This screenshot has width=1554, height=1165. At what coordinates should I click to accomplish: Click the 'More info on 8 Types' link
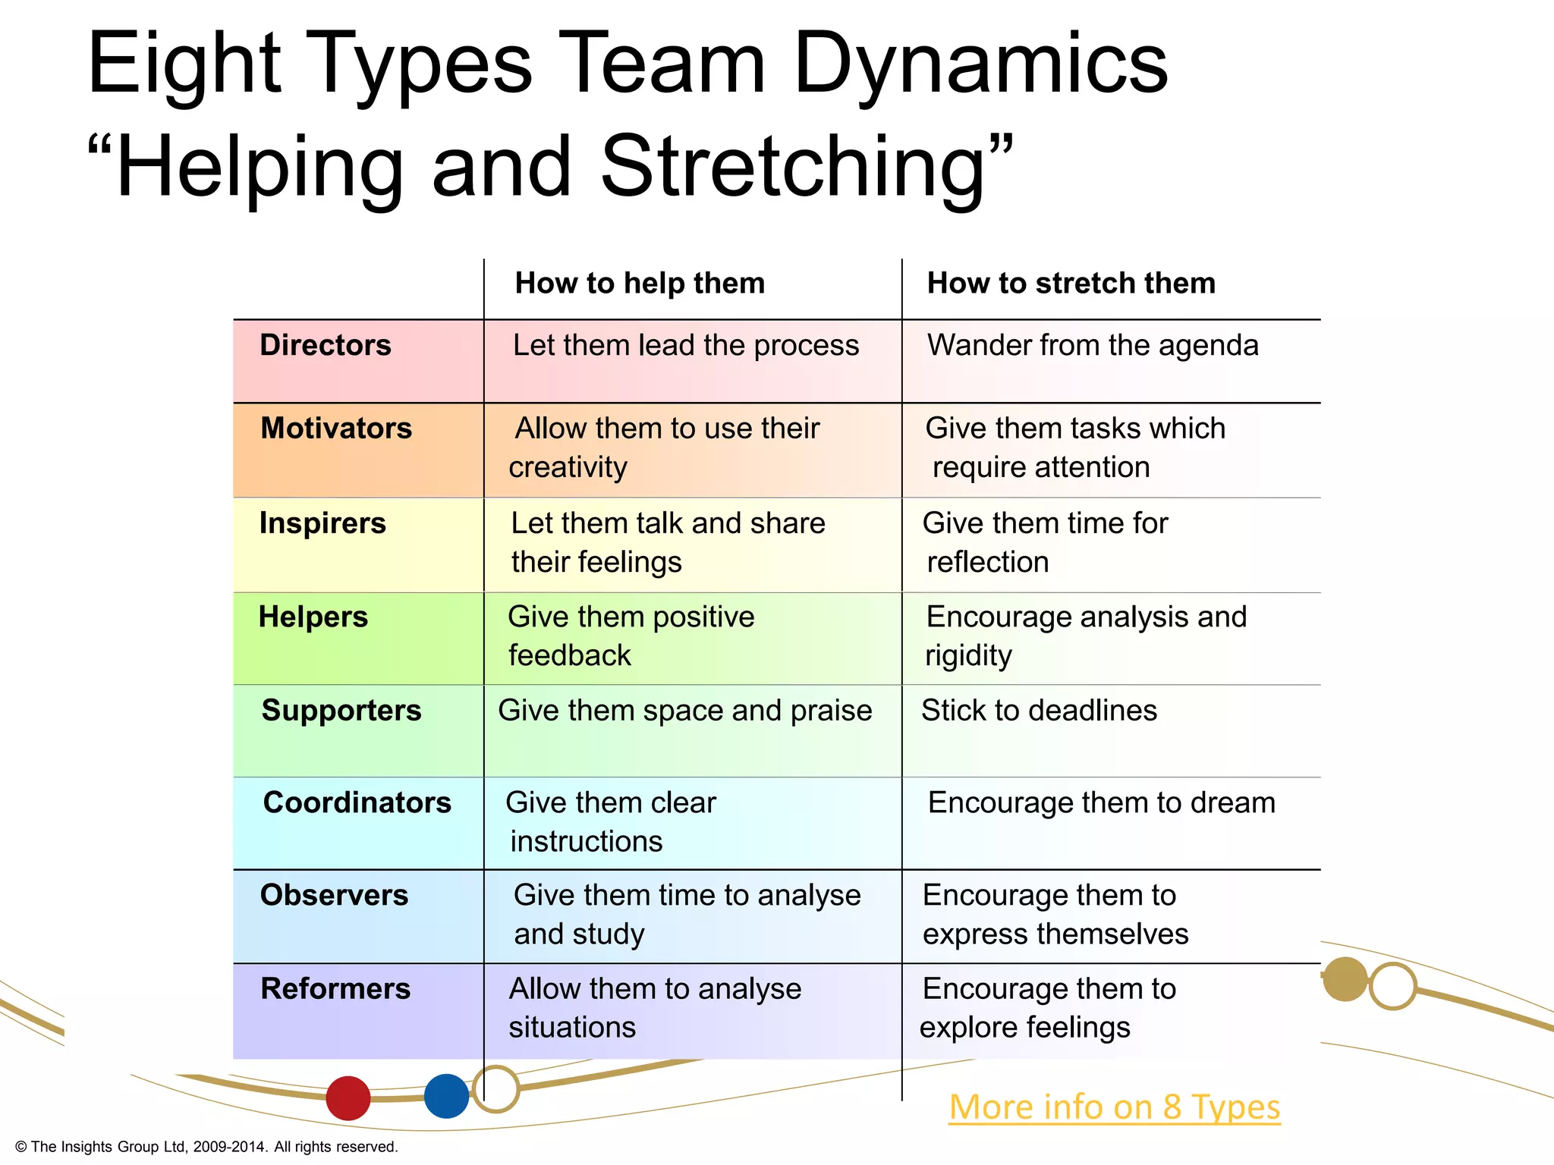click(1114, 1107)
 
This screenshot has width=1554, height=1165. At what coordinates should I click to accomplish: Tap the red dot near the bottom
click(348, 1097)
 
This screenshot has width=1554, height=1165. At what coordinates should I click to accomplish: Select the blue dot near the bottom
click(446, 1096)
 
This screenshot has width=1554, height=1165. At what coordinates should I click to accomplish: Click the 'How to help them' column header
click(640, 284)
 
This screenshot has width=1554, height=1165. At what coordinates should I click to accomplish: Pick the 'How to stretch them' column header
click(1071, 284)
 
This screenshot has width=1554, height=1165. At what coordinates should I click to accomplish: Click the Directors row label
click(326, 345)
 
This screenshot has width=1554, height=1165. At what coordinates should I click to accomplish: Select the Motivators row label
click(336, 429)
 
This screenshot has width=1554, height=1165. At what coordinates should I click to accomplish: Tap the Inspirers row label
click(322, 523)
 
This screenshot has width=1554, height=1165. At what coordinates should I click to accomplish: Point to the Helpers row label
click(313, 617)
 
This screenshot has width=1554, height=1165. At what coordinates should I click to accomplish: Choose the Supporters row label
click(341, 711)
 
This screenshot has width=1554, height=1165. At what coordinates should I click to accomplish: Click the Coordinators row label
click(357, 802)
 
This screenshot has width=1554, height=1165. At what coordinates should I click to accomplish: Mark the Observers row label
click(334, 896)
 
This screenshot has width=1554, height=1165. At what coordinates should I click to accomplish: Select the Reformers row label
click(335, 989)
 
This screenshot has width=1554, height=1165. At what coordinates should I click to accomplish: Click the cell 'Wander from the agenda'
click(1093, 345)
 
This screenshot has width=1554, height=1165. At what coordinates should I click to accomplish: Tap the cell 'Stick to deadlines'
click(1039, 711)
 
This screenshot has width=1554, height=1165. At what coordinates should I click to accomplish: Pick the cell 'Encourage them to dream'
click(1101, 802)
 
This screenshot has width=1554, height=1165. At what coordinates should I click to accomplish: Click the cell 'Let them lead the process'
click(686, 345)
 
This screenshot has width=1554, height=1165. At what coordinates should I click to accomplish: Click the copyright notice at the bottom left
click(206, 1147)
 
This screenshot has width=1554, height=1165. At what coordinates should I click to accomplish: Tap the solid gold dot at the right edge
click(1345, 979)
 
